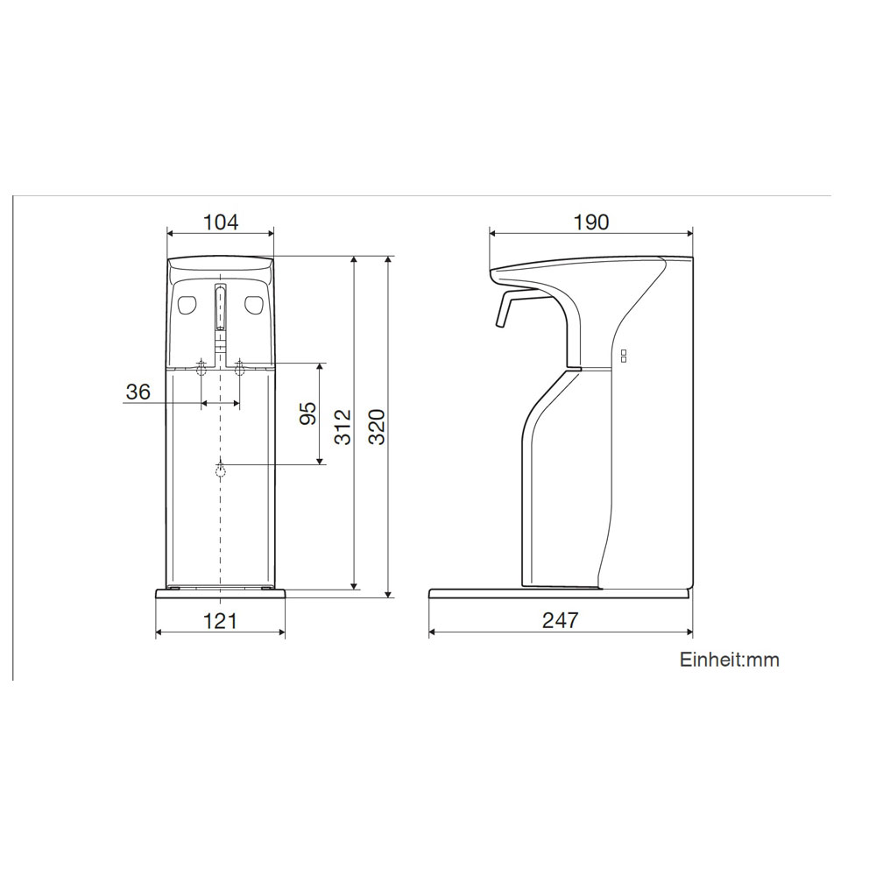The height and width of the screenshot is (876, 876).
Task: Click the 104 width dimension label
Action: tap(220, 222)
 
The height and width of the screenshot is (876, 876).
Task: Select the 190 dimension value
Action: tap(590, 222)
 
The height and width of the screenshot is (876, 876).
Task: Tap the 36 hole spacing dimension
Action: tap(138, 392)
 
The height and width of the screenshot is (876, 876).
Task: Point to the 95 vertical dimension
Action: tap(307, 413)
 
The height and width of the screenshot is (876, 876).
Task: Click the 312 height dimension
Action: tap(343, 427)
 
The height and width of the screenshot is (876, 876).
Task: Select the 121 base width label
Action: tap(220, 621)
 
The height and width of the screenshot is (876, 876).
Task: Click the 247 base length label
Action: tap(560, 621)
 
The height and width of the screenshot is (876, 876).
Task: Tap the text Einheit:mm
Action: tap(729, 660)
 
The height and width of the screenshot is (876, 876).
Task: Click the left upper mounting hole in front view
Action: tap(202, 368)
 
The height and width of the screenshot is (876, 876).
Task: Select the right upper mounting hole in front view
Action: tap(238, 368)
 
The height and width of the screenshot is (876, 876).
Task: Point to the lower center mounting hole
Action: tap(220, 470)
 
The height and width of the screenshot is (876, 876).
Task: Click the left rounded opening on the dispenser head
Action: tap(186, 305)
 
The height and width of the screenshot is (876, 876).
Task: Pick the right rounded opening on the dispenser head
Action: tap(254, 305)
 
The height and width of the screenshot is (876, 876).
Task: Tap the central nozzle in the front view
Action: tap(220, 307)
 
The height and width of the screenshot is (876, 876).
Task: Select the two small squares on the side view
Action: tap(624, 355)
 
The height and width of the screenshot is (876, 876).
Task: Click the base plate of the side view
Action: tap(560, 593)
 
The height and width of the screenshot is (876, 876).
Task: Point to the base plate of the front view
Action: tap(220, 594)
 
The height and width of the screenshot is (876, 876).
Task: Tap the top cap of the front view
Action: tap(220, 264)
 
